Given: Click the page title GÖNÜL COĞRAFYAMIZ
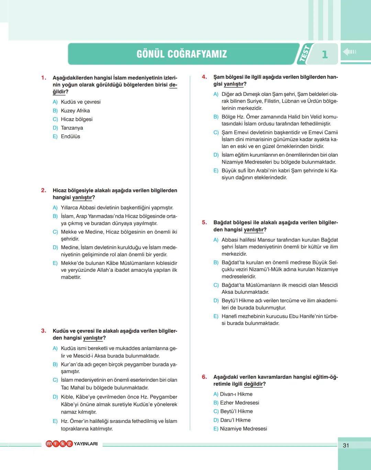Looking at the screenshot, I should pos(182,54).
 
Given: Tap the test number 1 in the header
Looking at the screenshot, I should pos(325,54).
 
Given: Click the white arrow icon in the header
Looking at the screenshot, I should pos(349,52).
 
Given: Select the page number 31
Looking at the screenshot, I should pos(346,445).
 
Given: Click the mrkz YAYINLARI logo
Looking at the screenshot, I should pos(72,444).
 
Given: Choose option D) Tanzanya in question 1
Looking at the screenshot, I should pos(68,128).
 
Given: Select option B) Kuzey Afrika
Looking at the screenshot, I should pos(71,111).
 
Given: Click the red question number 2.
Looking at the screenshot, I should pos(44,190).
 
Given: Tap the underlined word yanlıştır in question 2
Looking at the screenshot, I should pos(82,198).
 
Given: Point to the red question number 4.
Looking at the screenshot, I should pos(204,77).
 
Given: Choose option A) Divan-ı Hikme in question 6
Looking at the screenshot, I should pos(233,394).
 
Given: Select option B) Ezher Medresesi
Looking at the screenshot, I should pos(236,403).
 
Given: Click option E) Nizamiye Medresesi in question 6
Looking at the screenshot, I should pos(240,428).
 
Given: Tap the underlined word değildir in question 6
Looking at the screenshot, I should pos(253,384).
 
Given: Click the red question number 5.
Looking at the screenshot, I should pos(204,222).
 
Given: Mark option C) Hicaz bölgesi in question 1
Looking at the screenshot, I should pos(73,119).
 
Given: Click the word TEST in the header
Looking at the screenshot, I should pos(304,54).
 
